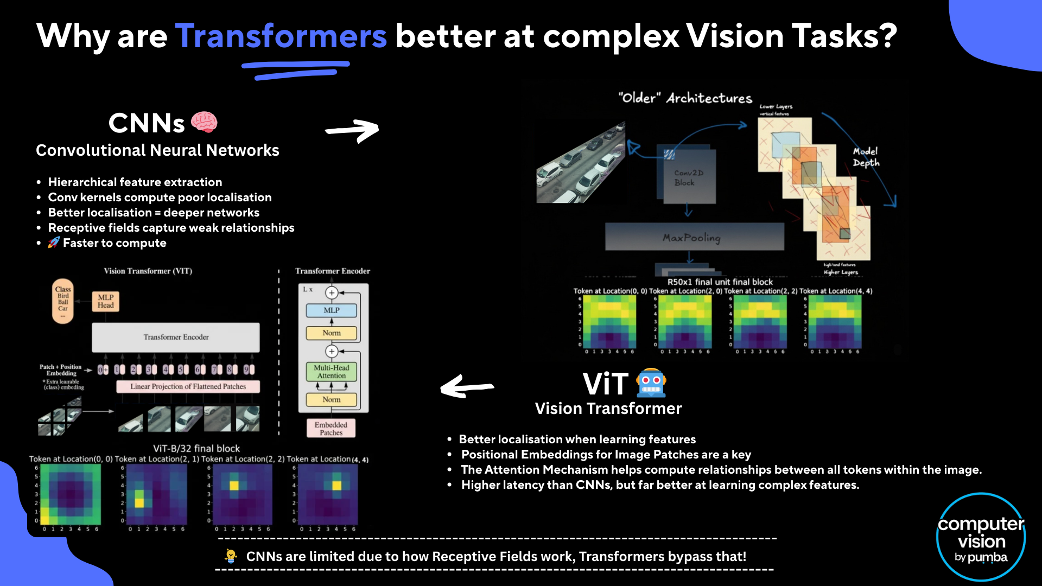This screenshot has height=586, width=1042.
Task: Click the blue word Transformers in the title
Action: pos(281,36)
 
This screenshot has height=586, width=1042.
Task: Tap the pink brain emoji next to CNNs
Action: pos(204,123)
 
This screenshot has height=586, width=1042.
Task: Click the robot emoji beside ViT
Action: pos(651,383)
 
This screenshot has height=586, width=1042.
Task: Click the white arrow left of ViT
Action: pos(467,387)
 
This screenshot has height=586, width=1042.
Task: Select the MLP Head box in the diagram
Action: pos(106,301)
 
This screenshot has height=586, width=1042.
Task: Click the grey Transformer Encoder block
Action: pos(176,337)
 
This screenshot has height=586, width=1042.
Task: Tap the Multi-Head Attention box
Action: pos(332,372)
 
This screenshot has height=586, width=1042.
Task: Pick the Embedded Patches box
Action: pos(331,429)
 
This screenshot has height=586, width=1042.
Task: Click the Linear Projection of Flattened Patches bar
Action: pos(188,386)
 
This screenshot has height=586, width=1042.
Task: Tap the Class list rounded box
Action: pos(63,301)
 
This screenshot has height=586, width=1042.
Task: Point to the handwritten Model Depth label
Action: pos(866,157)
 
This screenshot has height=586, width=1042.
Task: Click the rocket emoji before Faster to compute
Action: pos(53,243)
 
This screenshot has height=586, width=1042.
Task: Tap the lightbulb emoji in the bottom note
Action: pos(231,556)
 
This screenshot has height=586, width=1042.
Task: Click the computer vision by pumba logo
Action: pos(981,537)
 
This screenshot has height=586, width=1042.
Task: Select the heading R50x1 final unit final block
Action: pos(720,282)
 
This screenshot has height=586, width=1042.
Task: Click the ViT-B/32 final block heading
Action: pos(196,448)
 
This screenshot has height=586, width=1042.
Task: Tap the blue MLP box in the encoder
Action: pos(332,310)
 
